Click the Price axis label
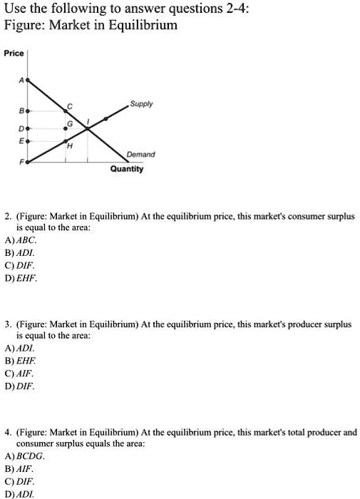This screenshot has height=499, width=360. pyautogui.click(x=14, y=53)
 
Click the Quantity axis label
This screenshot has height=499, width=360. pyautogui.click(x=126, y=169)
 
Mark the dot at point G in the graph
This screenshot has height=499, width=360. pyautogui.click(x=66, y=129)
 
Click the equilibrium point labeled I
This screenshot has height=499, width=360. pyautogui.click(x=88, y=129)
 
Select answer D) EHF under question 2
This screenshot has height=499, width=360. pyautogui.click(x=19, y=279)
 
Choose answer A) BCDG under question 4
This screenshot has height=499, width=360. pyautogui.click(x=24, y=455)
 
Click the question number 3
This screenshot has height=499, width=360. pyautogui.click(x=6, y=324)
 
